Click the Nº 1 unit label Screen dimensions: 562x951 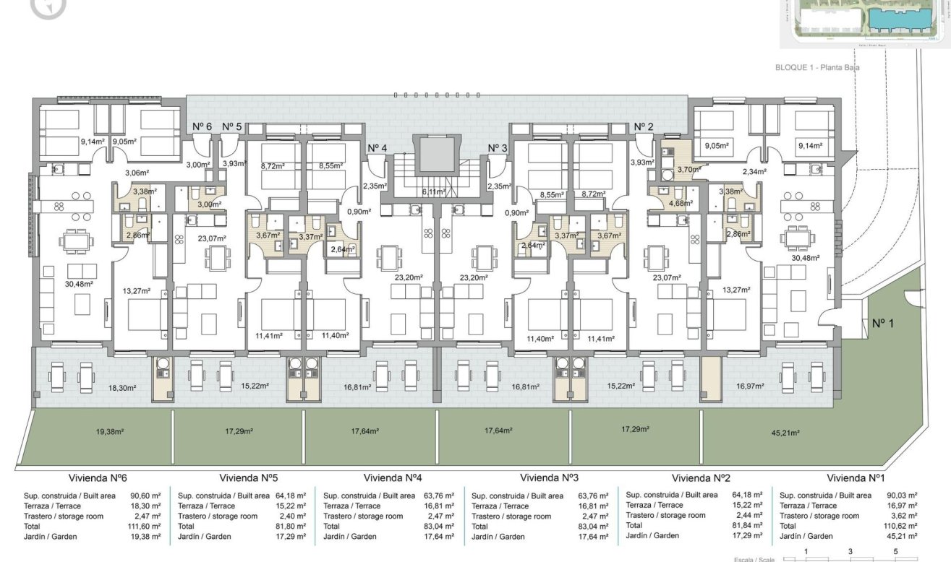pos(882,323)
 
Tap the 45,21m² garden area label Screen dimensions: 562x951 pos(785,433)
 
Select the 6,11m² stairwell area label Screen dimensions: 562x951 pos(434,192)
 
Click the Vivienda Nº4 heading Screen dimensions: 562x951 pos(393,478)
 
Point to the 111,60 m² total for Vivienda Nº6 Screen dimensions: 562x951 pos(145,527)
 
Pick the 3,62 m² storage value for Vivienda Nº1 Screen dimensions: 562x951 pos(904,516)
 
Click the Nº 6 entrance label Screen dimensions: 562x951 pos(202,126)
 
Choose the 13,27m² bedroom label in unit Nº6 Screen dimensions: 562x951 pos(136,291)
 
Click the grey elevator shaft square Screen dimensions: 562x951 pos(434,156)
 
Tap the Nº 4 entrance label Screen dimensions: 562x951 pos(377,148)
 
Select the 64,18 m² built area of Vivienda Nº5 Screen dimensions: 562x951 pos(291,496)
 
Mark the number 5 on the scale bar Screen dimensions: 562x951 pos(895,551)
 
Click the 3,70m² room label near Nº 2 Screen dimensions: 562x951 pos(687,170)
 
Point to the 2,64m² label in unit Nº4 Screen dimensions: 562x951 pos(342,250)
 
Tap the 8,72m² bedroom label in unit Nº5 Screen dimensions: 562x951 pos(272,165)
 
